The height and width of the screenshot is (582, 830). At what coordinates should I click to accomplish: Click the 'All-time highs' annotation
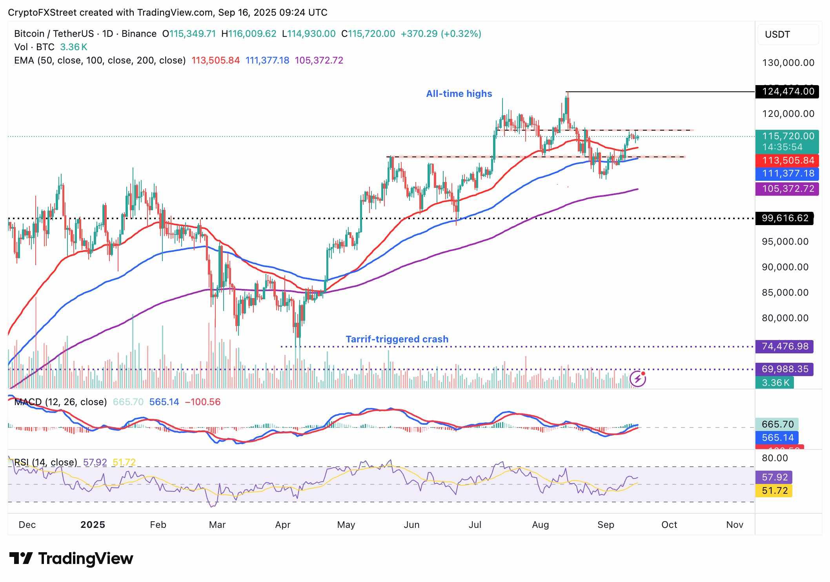coord(459,94)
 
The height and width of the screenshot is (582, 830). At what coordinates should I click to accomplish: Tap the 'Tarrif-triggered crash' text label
coord(397,339)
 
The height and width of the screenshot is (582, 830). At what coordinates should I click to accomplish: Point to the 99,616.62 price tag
coord(784,218)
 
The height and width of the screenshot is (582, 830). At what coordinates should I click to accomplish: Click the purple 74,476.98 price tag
coord(784,347)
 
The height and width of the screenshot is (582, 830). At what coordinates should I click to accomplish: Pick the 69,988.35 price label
coord(784,369)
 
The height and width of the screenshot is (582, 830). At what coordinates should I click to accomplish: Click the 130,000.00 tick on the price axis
coord(788,63)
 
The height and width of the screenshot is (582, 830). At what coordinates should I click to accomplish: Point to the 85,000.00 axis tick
coord(785,293)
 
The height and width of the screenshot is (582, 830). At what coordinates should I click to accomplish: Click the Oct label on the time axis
coord(669,525)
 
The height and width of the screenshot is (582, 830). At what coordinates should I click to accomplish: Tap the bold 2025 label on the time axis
coord(93,525)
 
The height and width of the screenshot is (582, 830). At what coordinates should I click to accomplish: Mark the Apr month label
coord(283,525)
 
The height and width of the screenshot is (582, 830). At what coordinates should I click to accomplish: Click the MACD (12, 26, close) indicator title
coord(60,402)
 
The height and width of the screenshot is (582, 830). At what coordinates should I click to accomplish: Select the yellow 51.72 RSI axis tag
coord(774,491)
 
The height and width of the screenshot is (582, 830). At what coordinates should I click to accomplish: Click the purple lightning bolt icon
coord(638,379)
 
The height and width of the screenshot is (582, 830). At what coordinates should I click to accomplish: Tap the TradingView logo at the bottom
coord(71,558)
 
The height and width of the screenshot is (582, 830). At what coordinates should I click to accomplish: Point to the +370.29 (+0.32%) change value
coord(441,34)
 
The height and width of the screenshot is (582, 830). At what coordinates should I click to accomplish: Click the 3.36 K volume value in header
coord(73,47)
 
